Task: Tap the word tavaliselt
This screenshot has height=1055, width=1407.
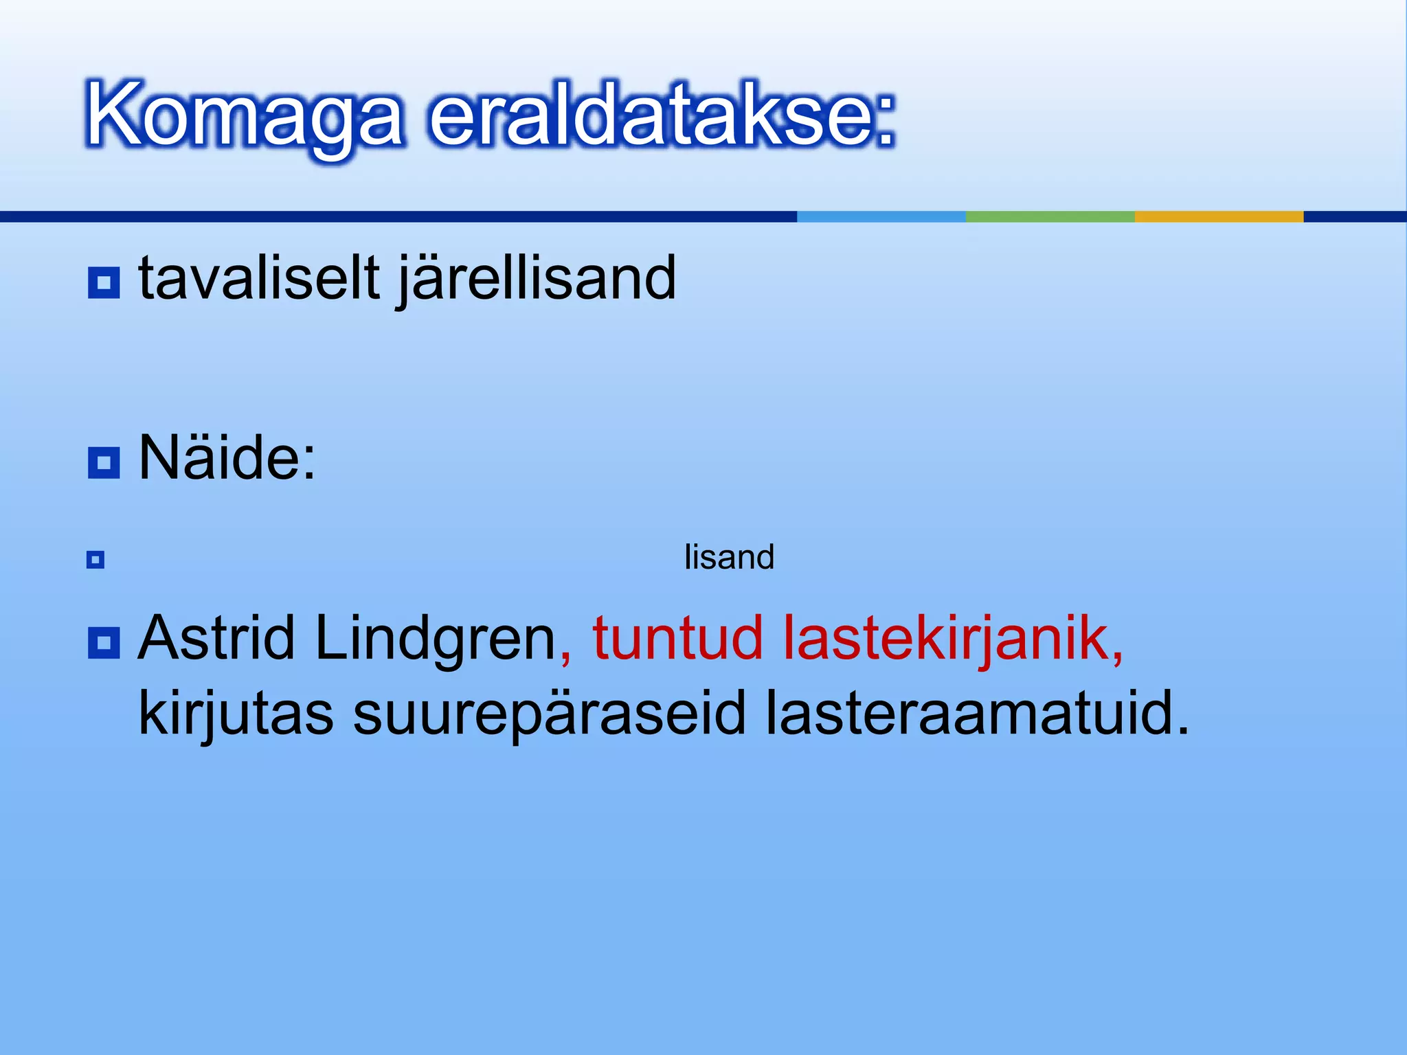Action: [x=259, y=279]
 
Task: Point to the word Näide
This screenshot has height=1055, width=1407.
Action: [x=227, y=458]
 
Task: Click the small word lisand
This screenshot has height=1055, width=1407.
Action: [x=729, y=557]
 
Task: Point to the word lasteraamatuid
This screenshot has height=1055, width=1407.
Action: [x=976, y=713]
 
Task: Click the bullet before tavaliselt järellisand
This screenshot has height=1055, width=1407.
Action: [x=104, y=282]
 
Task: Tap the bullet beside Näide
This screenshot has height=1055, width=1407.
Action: [x=104, y=462]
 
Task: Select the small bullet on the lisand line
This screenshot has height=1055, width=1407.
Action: [x=95, y=560]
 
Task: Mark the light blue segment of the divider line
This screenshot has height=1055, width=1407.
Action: [x=881, y=216]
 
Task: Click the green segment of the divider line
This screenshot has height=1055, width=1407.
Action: [x=1050, y=216]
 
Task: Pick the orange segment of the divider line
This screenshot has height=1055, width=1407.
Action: [x=1219, y=216]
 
